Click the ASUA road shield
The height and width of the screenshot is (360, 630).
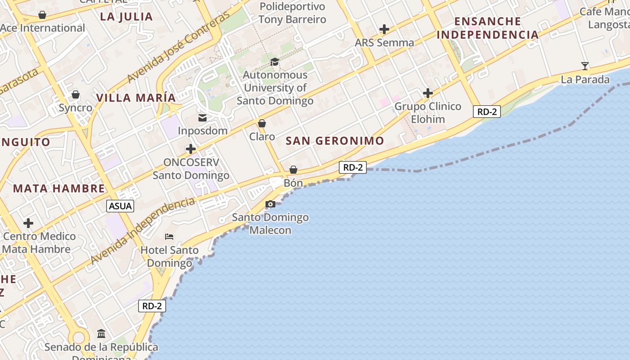pos(121,206)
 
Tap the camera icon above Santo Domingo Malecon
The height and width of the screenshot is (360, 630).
pos(270,204)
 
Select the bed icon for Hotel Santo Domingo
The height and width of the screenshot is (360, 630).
pos(169,237)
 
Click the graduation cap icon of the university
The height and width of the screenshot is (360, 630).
pos(274,62)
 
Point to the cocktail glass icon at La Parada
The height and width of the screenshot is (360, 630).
pos(585,66)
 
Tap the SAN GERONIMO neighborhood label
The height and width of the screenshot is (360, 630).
pos(335,141)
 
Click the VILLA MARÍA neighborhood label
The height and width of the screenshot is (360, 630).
pos(136,98)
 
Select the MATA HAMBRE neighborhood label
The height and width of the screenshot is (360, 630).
pos(59,188)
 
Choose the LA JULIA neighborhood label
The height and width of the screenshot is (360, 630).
pos(126,17)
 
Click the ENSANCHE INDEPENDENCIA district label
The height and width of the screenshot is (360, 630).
pos(487,28)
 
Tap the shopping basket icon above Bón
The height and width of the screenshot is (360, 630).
pos(293,170)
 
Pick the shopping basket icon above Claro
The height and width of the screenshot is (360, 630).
pos(262,123)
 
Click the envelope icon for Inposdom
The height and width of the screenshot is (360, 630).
pos(202,118)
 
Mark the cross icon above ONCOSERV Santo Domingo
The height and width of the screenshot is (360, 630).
pos(191,149)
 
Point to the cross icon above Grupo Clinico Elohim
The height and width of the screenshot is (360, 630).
pos(428,93)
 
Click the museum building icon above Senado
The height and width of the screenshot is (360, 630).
pos(101,334)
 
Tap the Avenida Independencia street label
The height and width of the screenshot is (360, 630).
pos(143,231)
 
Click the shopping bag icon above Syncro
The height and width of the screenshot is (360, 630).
pos(76,94)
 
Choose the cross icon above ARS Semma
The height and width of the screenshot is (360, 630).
pos(384,30)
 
